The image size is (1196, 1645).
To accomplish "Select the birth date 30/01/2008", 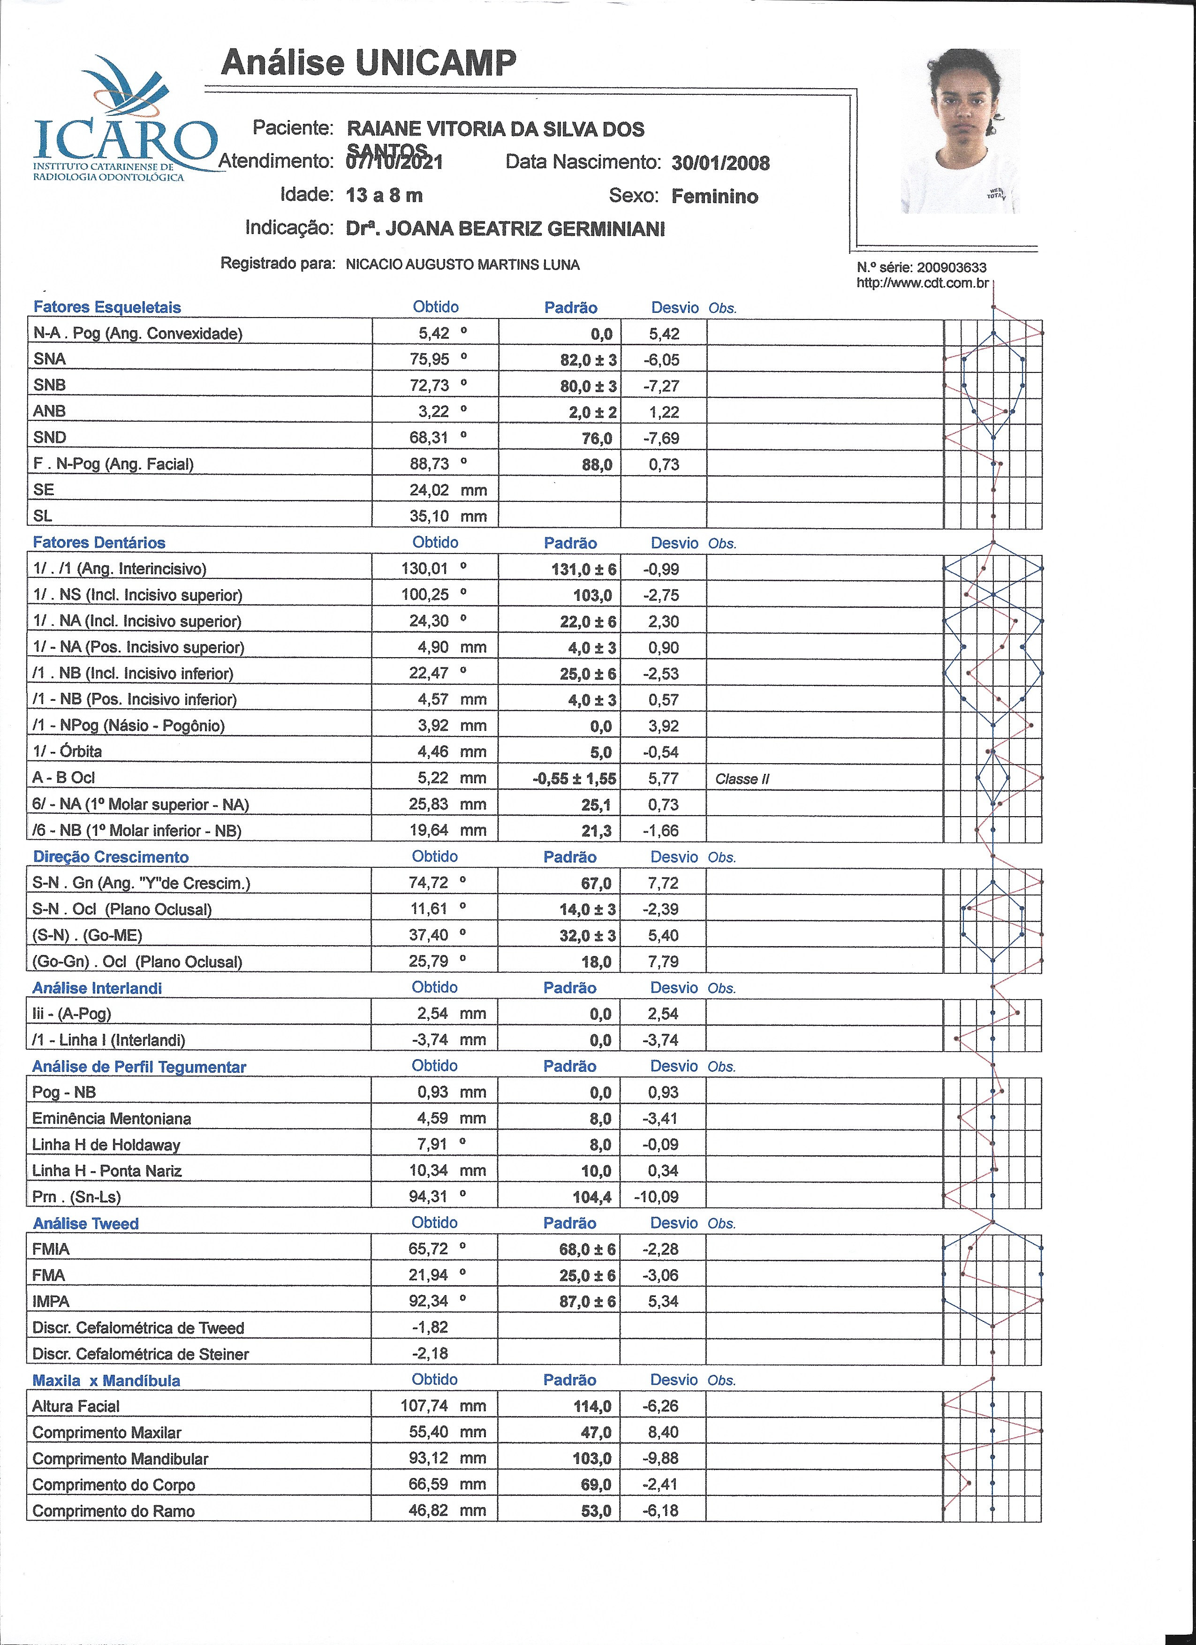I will (720, 163).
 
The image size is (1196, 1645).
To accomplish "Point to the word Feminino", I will (714, 197).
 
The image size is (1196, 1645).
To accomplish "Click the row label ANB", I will (49, 411).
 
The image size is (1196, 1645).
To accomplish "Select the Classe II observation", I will (742, 779).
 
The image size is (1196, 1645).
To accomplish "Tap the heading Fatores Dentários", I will (99, 543).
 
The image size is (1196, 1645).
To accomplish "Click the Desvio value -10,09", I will (656, 1197).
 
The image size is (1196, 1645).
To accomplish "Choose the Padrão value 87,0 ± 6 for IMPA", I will (588, 1301).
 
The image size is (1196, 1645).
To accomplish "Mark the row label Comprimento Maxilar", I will (106, 1433).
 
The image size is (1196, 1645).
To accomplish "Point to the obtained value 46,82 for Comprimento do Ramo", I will (429, 1511).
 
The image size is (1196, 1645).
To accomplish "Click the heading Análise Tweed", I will (85, 1224).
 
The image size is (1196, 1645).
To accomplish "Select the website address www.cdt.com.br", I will (923, 283).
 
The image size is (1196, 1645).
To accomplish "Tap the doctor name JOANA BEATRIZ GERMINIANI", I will (525, 229).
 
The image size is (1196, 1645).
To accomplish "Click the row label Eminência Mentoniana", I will (112, 1118).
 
